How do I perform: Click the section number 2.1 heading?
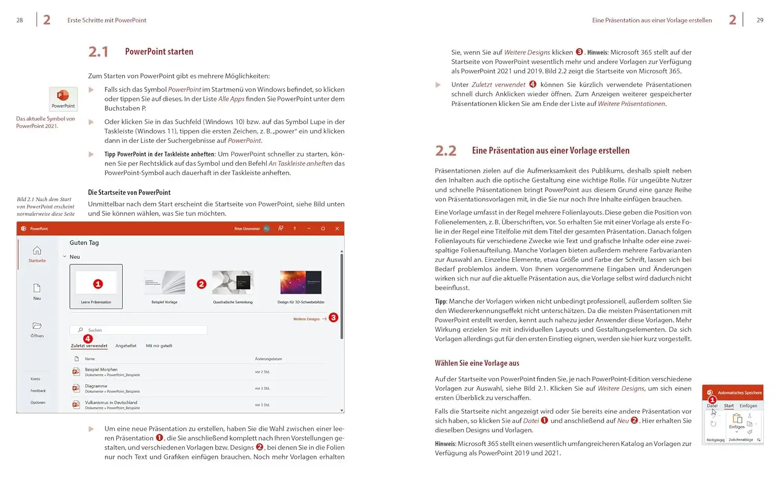click(98, 52)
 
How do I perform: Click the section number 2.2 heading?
click(446, 151)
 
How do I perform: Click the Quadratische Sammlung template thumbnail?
click(232, 283)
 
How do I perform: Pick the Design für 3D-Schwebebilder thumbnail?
click(301, 283)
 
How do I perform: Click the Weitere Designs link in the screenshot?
click(306, 319)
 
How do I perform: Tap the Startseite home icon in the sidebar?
click(37, 251)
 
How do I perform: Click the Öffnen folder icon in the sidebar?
click(37, 326)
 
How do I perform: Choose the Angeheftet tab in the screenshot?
click(126, 345)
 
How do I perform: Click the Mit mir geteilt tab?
click(159, 345)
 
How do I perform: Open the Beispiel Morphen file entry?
click(101, 370)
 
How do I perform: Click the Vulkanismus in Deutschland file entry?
click(111, 403)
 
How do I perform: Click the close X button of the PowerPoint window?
click(337, 229)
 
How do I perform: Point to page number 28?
click(20, 20)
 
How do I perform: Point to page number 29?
click(760, 20)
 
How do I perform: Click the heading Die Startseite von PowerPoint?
click(129, 192)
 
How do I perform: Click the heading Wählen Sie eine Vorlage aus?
click(477, 363)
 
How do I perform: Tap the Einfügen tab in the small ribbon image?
click(748, 406)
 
